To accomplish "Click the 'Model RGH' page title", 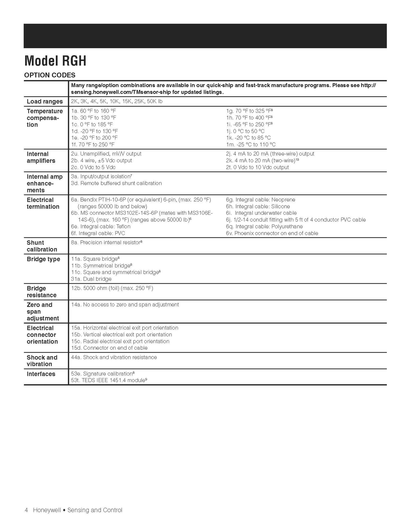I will (55, 61).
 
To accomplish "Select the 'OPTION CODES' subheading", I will (50, 75).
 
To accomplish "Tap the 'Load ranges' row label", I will (45, 101).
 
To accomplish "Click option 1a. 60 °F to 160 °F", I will (94, 111).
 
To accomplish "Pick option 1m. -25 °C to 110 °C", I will (251, 145).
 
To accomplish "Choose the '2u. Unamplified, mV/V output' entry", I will (106, 154).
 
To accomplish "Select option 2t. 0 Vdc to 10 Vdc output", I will (257, 167).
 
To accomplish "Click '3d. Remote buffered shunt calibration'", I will (116, 183).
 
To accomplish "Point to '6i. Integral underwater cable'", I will (261, 213).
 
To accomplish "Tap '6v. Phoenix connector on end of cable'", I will (272, 233).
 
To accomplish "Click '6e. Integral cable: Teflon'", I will (101, 227).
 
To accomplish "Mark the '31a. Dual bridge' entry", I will (91, 279).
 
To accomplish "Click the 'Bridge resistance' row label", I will (41, 292).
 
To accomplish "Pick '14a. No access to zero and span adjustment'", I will (125, 305).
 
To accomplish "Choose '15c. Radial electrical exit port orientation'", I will (120, 341).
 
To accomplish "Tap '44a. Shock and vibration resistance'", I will (114, 357).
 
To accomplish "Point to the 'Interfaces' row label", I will (41, 374).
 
